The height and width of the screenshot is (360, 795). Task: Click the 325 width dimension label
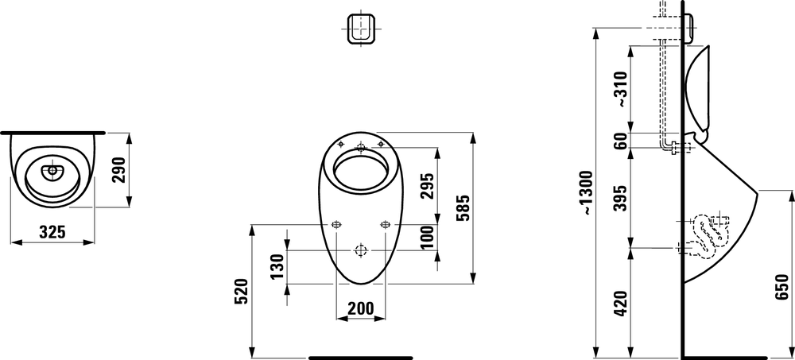tap(52, 232)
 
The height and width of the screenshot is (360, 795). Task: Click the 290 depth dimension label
tap(118, 170)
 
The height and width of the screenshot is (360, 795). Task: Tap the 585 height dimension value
tap(463, 208)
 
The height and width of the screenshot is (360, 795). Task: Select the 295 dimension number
tap(428, 186)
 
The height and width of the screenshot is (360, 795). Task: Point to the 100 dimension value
tap(428, 237)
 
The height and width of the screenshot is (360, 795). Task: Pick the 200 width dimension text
tap(360, 308)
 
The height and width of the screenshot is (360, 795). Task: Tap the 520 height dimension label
tap(242, 291)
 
